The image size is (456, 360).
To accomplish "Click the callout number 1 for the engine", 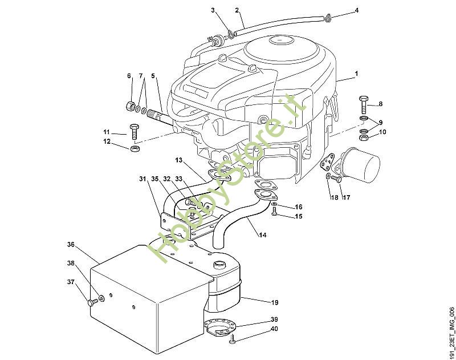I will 356,74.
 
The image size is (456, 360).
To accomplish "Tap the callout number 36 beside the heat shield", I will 71,245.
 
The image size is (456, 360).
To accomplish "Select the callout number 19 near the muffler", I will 274,302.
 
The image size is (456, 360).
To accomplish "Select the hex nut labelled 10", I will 364,137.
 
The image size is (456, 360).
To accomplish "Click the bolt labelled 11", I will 135,132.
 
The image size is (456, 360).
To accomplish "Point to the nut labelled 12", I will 135,149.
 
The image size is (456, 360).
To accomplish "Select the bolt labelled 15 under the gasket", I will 275,212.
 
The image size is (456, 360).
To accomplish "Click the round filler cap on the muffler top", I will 219,264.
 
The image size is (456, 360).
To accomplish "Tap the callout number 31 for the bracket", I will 142,179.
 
